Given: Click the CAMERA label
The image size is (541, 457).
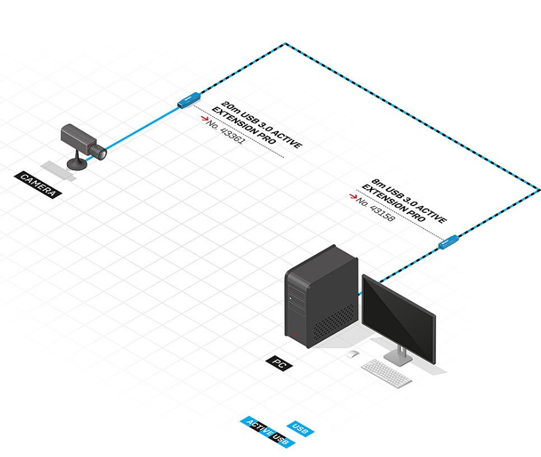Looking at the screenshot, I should pos(39,185).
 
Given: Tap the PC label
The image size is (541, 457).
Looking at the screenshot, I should pos(278,363).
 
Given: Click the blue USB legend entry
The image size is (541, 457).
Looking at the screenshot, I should pos(300,429).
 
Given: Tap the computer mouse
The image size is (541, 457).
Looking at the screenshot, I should pos(352,354).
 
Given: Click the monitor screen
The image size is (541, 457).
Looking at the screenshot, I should pos(398,316).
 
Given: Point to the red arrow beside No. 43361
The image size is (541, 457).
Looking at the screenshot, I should pos(202,121).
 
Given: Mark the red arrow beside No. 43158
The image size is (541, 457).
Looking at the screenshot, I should pos(352,196).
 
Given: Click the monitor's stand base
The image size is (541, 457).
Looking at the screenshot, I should pos(398,358).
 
